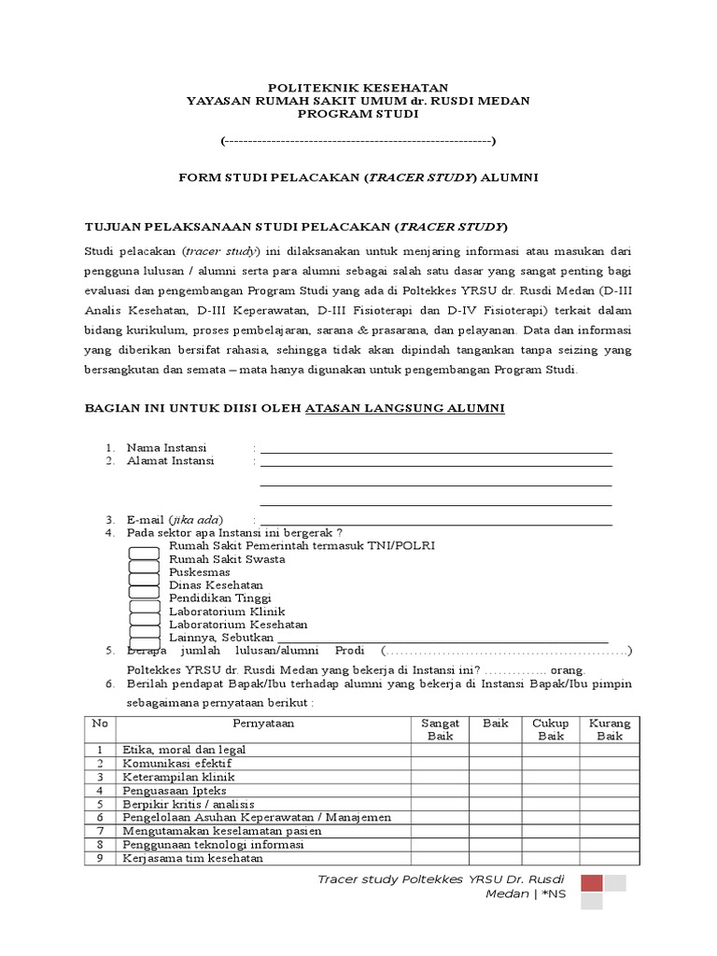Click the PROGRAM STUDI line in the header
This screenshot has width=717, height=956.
[358, 114]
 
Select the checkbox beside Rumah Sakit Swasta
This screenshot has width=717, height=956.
[144, 560]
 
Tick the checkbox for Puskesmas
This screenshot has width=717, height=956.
[144, 573]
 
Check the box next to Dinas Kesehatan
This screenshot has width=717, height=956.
[144, 586]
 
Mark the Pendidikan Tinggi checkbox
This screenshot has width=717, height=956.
[144, 598]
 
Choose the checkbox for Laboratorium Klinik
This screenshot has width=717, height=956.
[144, 612]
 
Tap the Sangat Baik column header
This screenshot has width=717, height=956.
[439, 730]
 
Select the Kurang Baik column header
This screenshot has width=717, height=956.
[609, 730]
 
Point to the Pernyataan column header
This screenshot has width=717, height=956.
[263, 724]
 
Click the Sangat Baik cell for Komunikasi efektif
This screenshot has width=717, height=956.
[439, 763]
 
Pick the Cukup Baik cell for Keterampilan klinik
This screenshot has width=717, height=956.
[550, 777]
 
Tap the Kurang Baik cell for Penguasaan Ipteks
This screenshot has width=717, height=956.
[609, 790]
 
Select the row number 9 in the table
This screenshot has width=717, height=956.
[99, 858]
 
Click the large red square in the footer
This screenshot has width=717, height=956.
[591, 884]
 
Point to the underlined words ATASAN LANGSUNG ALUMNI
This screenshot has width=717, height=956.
[405, 409]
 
